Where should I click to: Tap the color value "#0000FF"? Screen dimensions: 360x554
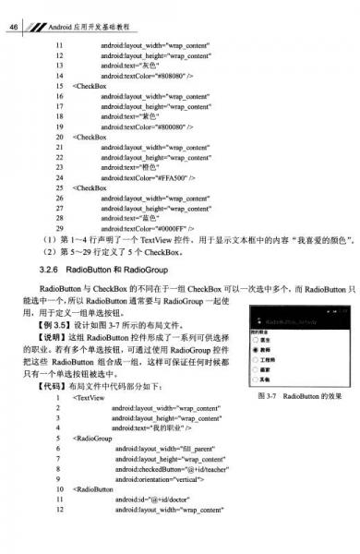point(173,227)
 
